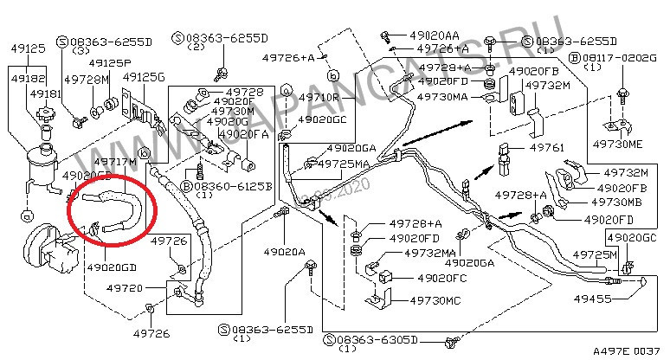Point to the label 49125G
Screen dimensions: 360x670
pyautogui.click(x=144, y=77)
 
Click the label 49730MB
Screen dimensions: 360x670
pyautogui.click(x=615, y=202)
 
